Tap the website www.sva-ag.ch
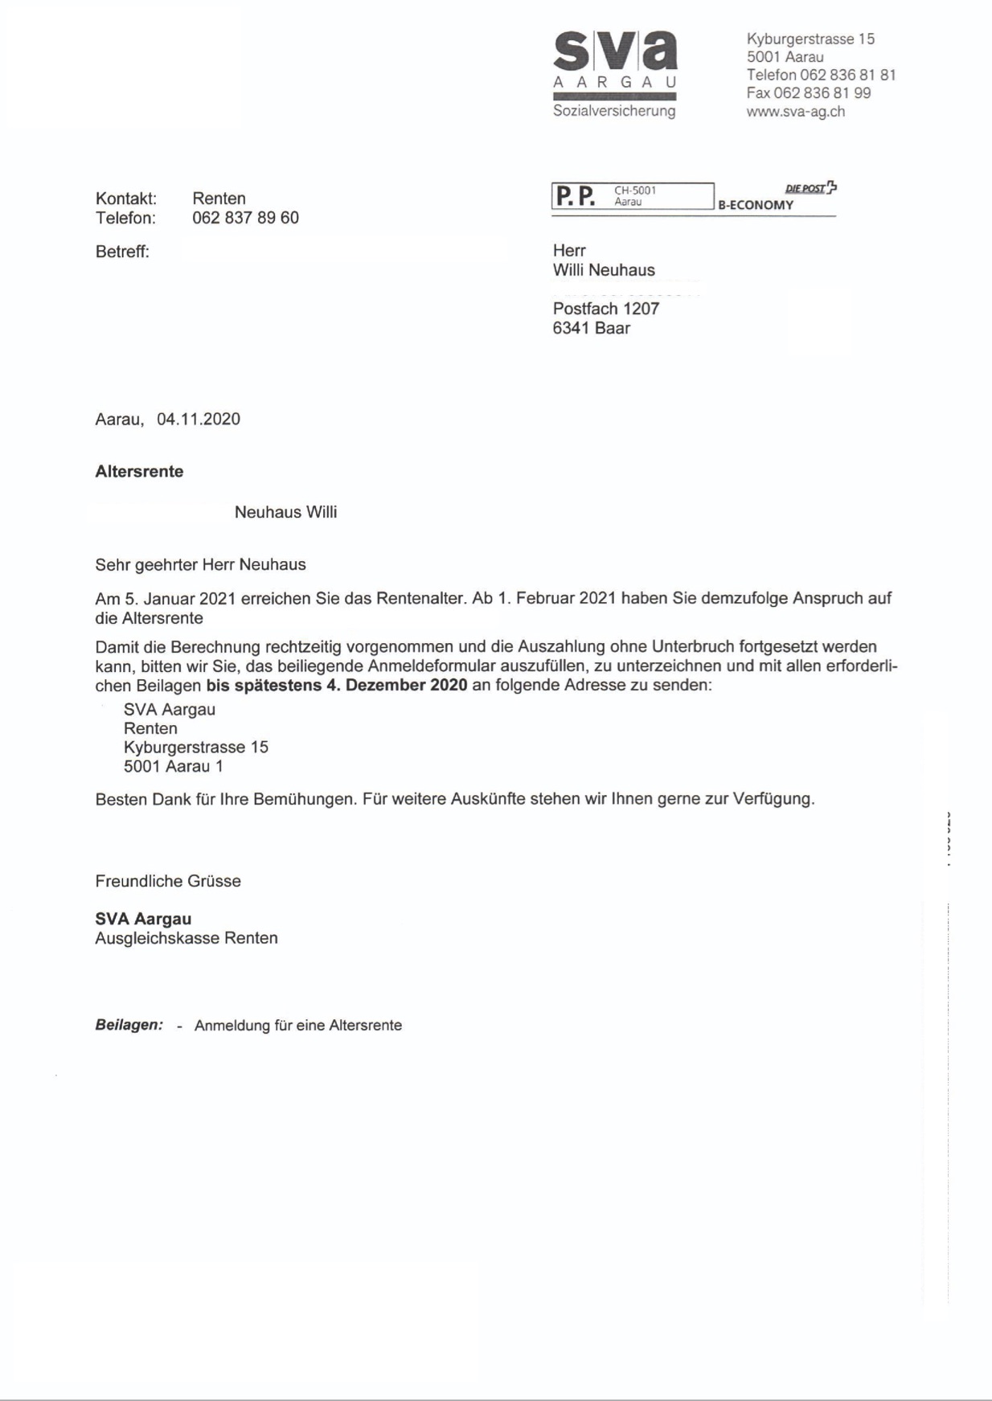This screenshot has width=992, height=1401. pyautogui.click(x=795, y=112)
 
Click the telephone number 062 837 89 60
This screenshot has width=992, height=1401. pyautogui.click(x=245, y=218)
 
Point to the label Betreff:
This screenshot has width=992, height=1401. pyautogui.click(x=122, y=252)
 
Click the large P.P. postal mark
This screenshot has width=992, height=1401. pyautogui.click(x=575, y=196)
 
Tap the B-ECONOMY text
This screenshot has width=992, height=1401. pyautogui.click(x=756, y=205)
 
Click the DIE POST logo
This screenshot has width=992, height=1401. pyautogui.click(x=810, y=188)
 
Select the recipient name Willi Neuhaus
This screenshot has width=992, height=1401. pyautogui.click(x=604, y=270)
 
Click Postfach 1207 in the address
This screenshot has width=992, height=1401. pyautogui.click(x=606, y=309)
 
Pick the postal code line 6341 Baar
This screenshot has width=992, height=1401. pyautogui.click(x=592, y=328)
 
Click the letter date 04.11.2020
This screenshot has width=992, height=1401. pyautogui.click(x=199, y=419)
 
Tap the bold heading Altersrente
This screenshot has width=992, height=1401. pyautogui.click(x=139, y=472)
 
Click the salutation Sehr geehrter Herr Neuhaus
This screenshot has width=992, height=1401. pyautogui.click(x=200, y=565)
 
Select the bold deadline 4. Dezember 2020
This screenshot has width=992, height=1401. pyautogui.click(x=406, y=686)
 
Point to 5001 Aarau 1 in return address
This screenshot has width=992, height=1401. pyautogui.click(x=174, y=766)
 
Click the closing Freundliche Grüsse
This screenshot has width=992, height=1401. pyautogui.click(x=168, y=881)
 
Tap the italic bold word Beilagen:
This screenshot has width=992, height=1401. pyautogui.click(x=129, y=1025)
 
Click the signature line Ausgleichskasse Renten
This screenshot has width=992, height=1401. pyautogui.click(x=187, y=938)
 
